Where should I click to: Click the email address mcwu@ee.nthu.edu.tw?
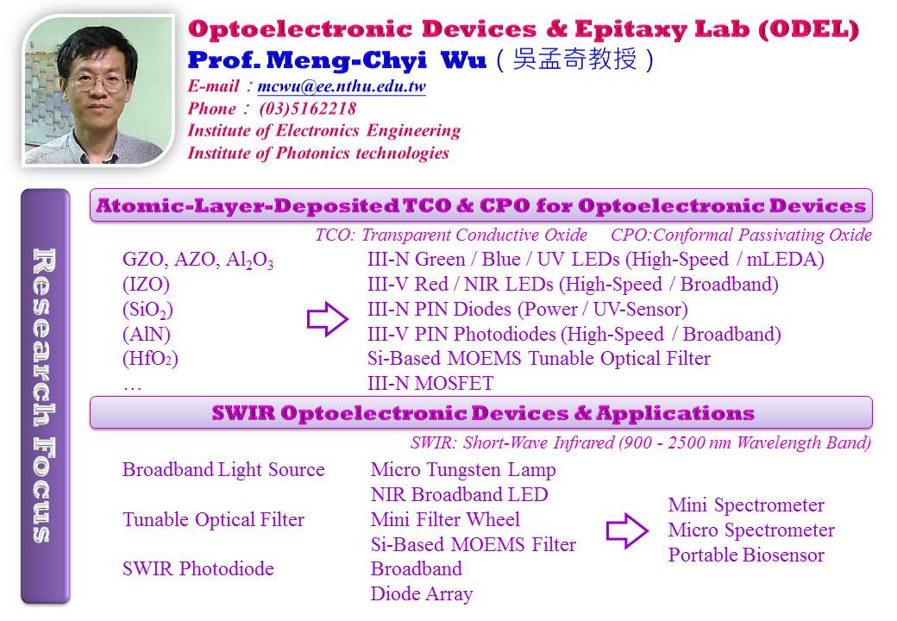tap(342, 86)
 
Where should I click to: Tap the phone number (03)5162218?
tap(308, 108)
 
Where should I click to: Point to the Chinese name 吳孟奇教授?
tap(574, 59)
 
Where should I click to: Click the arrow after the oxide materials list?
tap(328, 318)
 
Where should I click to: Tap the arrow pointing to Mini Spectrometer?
tap(627, 530)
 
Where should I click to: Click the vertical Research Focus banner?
tap(45, 396)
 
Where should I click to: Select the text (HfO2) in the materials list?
tap(150, 359)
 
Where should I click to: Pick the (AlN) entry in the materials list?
tap(147, 334)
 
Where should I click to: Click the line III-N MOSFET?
tap(430, 383)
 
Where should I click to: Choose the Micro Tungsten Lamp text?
tap(463, 470)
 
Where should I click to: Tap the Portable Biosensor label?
tap(746, 555)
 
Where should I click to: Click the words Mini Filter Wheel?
tap(445, 519)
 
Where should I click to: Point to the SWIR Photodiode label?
tap(198, 569)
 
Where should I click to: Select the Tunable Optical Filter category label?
tap(213, 520)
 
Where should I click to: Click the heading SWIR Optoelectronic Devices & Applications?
tap(483, 413)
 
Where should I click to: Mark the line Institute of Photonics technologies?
tap(318, 153)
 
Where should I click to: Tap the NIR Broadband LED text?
tap(460, 494)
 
